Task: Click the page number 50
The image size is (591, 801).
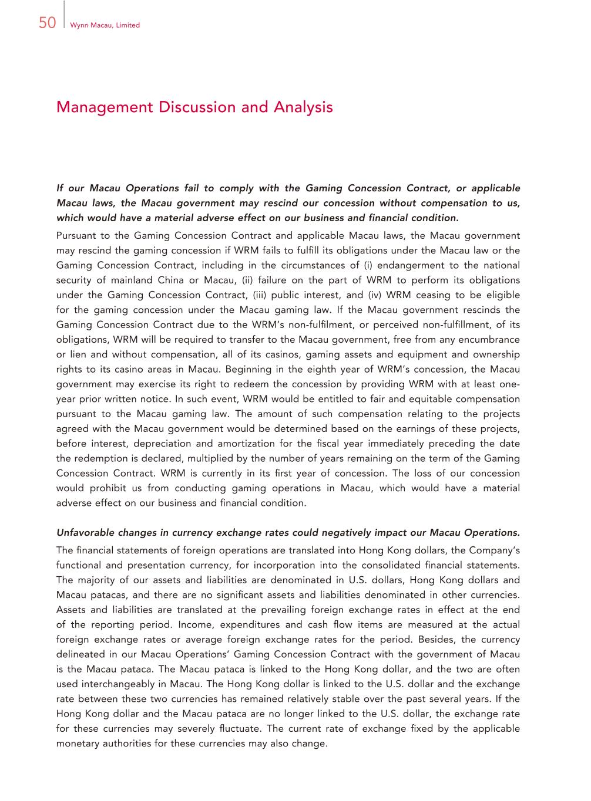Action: (47, 23)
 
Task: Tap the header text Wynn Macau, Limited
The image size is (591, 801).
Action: (105, 25)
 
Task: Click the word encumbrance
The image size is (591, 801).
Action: (491, 339)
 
